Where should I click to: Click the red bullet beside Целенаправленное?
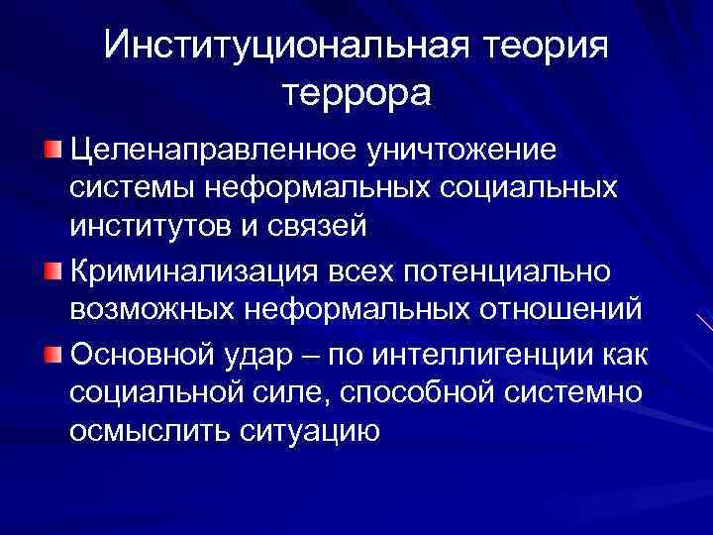tap(51, 151)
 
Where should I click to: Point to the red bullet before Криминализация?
tap(51, 270)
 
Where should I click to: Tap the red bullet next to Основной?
tap(51, 351)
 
